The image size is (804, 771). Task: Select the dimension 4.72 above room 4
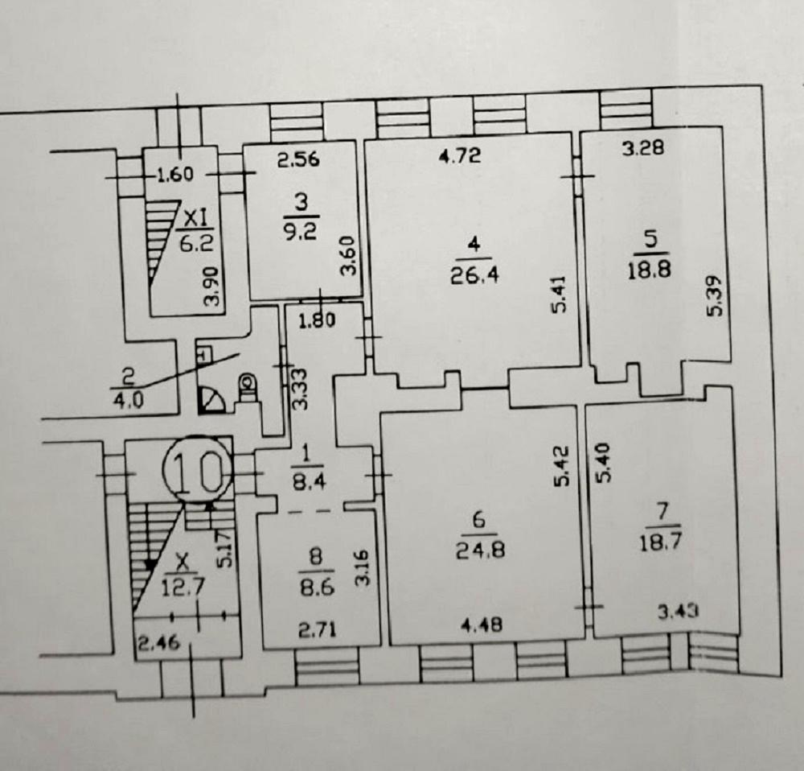tap(461, 155)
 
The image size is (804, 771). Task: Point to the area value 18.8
tap(650, 270)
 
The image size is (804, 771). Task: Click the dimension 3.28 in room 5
tap(643, 148)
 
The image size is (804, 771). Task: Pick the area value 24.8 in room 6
tap(481, 550)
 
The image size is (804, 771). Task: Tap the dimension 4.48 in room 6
tap(482, 625)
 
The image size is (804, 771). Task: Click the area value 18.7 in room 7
tap(660, 542)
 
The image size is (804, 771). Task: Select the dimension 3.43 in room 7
tap(678, 612)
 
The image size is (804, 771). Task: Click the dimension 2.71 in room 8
tap(318, 629)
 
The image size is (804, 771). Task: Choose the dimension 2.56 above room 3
tap(298, 159)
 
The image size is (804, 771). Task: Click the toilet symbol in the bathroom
tap(248, 385)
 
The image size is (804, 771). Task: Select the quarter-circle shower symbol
tap(211, 400)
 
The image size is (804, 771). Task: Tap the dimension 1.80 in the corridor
tap(317, 320)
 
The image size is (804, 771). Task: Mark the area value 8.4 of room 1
tap(308, 482)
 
